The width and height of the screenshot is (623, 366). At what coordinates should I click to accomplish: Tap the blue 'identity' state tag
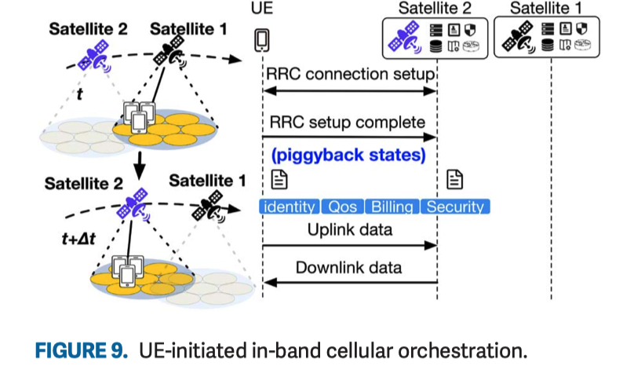(x=289, y=207)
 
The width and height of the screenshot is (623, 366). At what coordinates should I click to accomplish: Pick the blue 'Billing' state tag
(x=391, y=207)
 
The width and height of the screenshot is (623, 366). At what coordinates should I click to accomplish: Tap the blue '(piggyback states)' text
(x=349, y=155)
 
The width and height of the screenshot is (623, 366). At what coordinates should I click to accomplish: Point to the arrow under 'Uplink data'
(x=349, y=246)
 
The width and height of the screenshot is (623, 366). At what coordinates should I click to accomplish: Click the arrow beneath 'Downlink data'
(x=349, y=282)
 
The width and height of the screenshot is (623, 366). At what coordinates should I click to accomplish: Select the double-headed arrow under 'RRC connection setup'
(x=349, y=92)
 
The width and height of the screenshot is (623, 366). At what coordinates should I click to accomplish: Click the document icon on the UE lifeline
(x=278, y=180)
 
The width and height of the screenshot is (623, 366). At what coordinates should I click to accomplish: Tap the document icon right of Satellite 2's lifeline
(x=454, y=180)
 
